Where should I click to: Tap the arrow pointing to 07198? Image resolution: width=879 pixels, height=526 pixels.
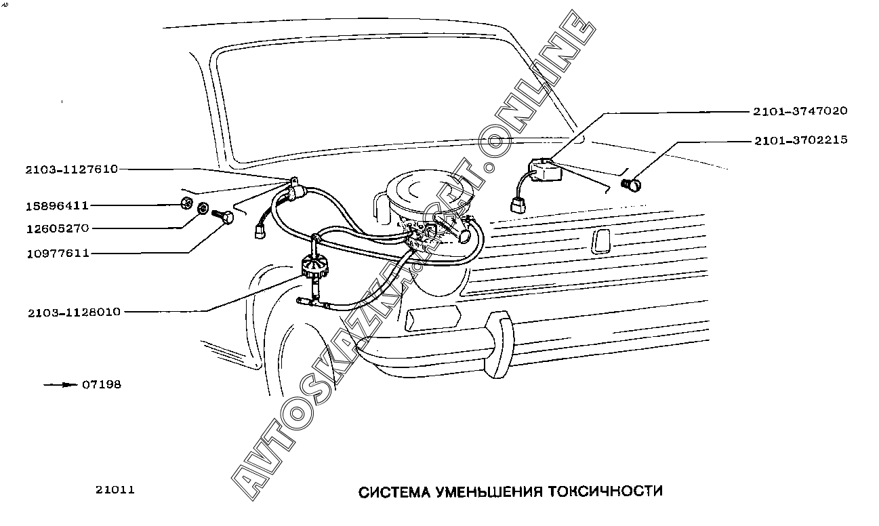60,384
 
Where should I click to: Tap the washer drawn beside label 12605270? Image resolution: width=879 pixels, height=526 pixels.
203,208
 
